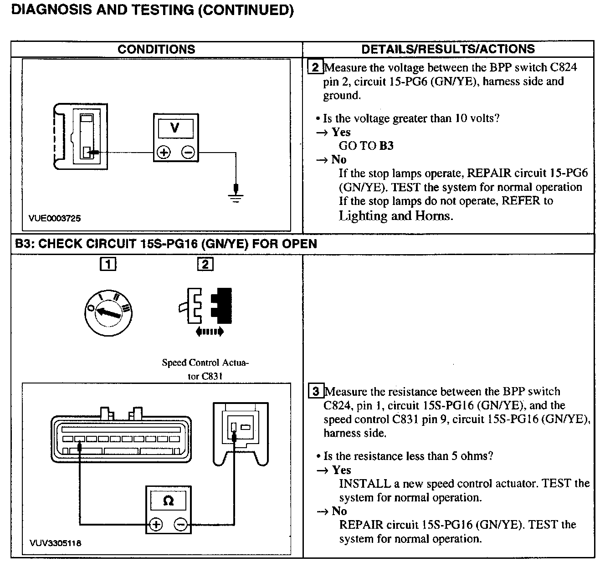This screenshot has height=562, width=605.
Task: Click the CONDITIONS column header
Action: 156,49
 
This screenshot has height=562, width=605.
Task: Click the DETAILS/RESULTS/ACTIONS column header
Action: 448,49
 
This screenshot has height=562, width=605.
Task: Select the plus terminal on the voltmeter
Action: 163,153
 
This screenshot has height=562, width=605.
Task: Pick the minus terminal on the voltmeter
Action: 188,153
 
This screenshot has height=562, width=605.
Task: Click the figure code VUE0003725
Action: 55,218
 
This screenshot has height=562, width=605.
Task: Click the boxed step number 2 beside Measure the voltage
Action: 315,68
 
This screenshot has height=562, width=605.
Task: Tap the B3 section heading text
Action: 166,244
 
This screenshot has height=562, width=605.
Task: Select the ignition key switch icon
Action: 108,313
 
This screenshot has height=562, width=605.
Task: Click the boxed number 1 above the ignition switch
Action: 108,264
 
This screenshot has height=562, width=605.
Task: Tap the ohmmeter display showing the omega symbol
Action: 168,501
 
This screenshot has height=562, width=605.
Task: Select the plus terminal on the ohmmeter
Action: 156,525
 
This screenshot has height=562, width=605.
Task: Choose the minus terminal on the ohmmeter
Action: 181,525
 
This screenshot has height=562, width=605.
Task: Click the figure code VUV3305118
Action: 56,543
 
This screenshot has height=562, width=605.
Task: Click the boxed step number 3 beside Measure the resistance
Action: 316,392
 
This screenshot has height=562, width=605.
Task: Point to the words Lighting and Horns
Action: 395,215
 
